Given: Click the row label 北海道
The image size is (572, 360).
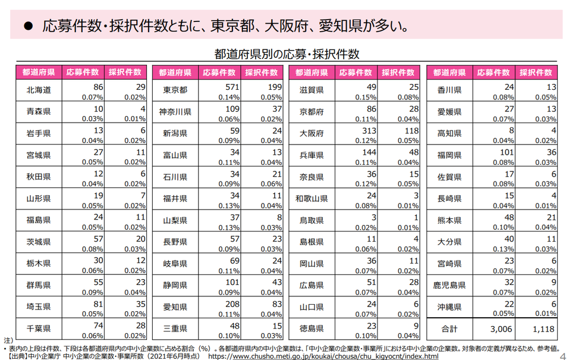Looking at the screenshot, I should click(39, 90).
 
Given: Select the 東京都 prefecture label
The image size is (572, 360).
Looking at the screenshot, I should click(175, 90).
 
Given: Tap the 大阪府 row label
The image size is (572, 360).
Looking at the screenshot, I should click(312, 133).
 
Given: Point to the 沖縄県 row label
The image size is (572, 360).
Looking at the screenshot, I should click(449, 306).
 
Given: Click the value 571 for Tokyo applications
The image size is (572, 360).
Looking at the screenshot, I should click(231, 87).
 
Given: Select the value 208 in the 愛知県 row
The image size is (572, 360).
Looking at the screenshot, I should click(231, 303).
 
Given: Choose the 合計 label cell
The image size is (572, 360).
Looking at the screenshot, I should click(449, 328).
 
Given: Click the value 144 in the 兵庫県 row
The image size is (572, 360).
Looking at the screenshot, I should click(369, 152).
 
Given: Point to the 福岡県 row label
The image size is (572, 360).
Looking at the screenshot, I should click(449, 155).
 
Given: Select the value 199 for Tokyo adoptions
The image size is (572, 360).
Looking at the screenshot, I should click(274, 87).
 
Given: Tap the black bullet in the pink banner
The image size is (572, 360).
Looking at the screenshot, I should click(27, 27).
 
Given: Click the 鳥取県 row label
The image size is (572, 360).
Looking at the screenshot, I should click(312, 220).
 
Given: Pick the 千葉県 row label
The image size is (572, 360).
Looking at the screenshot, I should click(39, 328).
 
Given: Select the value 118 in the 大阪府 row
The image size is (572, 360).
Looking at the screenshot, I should click(410, 130).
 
